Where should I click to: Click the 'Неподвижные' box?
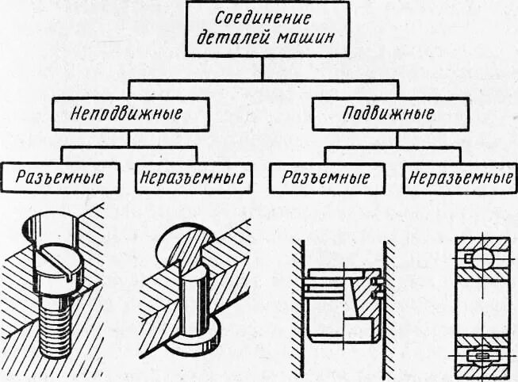pyautogui.click(x=131, y=113)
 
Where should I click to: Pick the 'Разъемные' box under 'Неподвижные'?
pyautogui.click(x=63, y=176)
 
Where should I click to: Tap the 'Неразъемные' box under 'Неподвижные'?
pyautogui.click(x=190, y=176)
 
